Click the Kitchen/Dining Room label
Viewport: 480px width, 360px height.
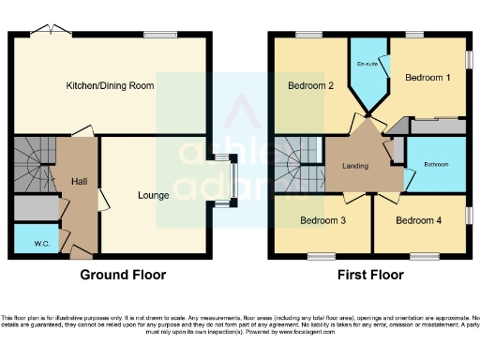(110, 85)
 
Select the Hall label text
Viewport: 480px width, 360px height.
(80, 180)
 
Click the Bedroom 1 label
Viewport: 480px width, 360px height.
(427, 78)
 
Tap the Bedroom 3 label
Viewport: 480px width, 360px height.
(322, 221)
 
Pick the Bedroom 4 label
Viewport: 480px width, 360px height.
(418, 221)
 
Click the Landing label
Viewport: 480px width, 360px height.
(356, 167)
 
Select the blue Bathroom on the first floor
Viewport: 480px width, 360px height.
(436, 164)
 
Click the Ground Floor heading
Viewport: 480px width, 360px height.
(123, 275)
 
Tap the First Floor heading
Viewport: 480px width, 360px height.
(369, 275)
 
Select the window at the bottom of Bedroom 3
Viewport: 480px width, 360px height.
(322, 256)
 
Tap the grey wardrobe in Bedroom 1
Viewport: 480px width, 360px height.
(435, 126)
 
